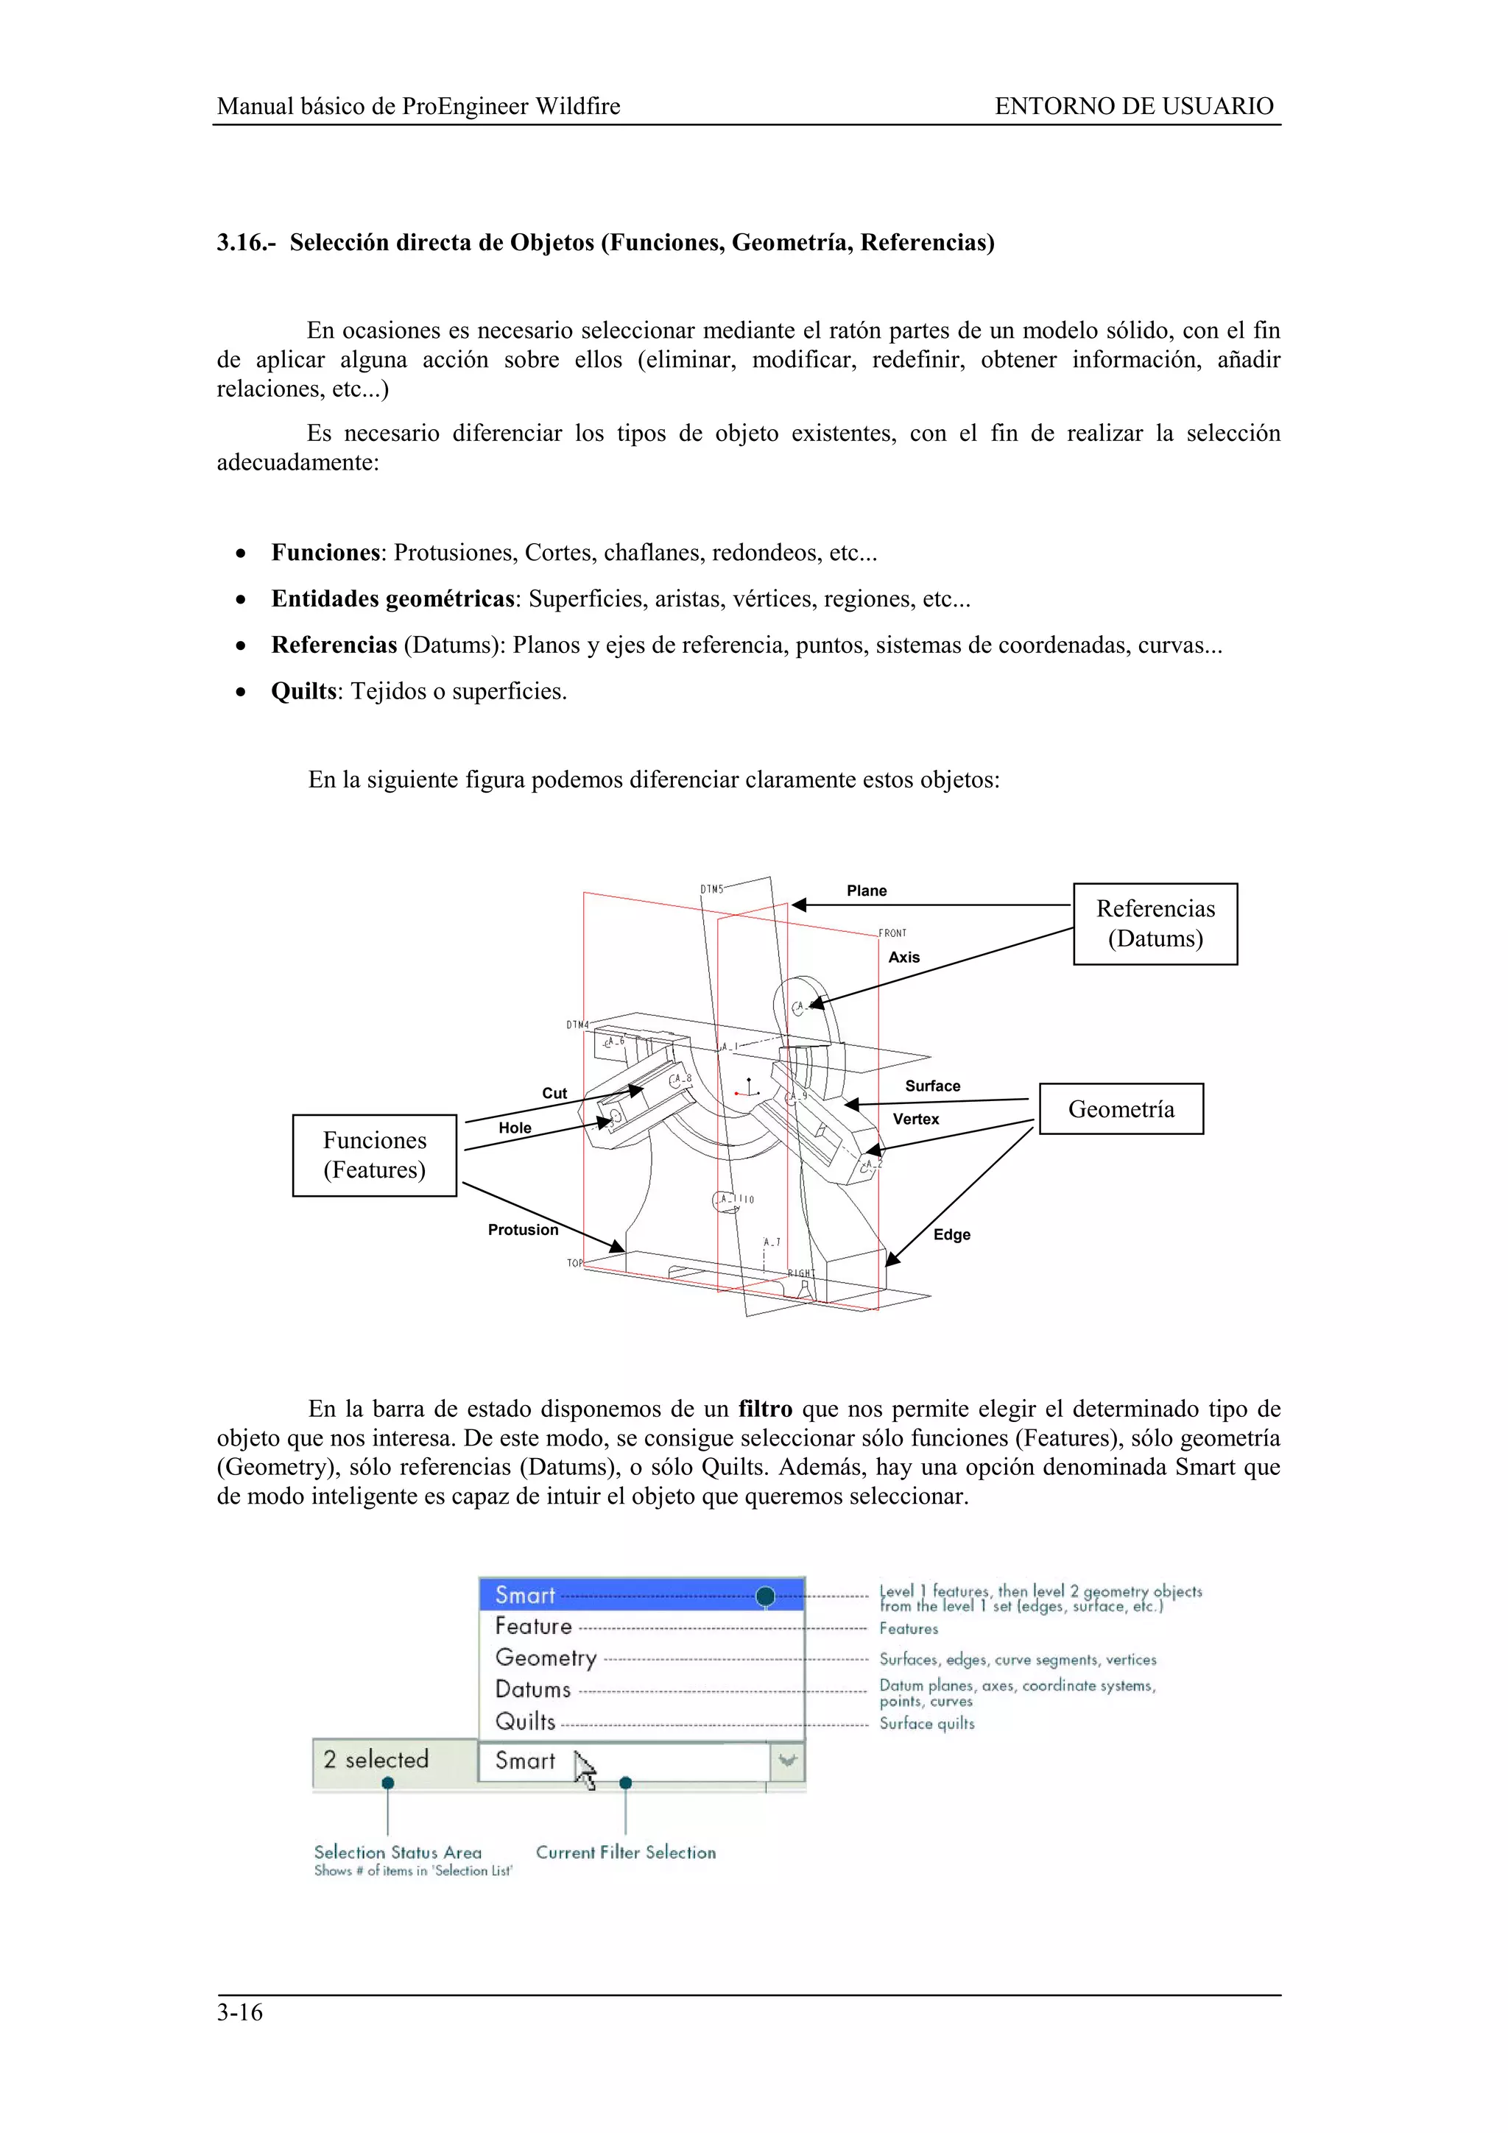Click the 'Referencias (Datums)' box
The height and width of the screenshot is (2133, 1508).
pyautogui.click(x=1154, y=924)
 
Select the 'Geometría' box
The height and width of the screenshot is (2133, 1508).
pyautogui.click(x=1121, y=1108)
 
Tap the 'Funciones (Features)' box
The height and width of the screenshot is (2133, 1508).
pyautogui.click(x=375, y=1155)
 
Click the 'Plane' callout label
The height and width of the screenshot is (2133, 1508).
pyautogui.click(x=866, y=891)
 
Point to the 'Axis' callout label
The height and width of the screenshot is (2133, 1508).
pyautogui.click(x=903, y=958)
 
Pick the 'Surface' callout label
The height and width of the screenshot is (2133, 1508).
pyautogui.click(x=932, y=1086)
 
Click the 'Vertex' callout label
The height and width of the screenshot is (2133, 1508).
pyautogui.click(x=915, y=1119)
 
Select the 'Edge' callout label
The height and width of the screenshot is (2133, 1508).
pyautogui.click(x=951, y=1234)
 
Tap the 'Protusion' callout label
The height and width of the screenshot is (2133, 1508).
pyautogui.click(x=523, y=1230)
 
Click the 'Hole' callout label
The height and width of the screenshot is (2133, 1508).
pyautogui.click(x=515, y=1128)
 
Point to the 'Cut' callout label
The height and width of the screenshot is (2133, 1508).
pyautogui.click(x=554, y=1094)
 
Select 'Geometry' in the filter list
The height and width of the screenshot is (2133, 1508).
pyautogui.click(x=546, y=1658)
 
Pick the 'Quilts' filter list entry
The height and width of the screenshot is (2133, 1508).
pyautogui.click(x=526, y=1722)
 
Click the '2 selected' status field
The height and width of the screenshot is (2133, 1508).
pyautogui.click(x=376, y=1760)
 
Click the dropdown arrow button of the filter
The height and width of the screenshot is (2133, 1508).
pyautogui.click(x=788, y=1761)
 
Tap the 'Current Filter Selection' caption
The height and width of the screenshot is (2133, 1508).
pyautogui.click(x=625, y=1853)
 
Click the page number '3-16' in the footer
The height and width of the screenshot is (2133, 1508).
pyautogui.click(x=240, y=2013)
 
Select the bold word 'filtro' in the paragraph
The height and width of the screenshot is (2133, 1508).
pyautogui.click(x=765, y=1409)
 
